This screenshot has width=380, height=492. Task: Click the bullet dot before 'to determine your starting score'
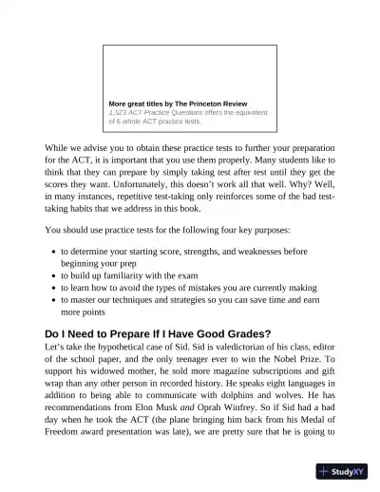(x=52, y=252)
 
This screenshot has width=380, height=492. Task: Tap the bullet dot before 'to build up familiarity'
(x=52, y=275)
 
